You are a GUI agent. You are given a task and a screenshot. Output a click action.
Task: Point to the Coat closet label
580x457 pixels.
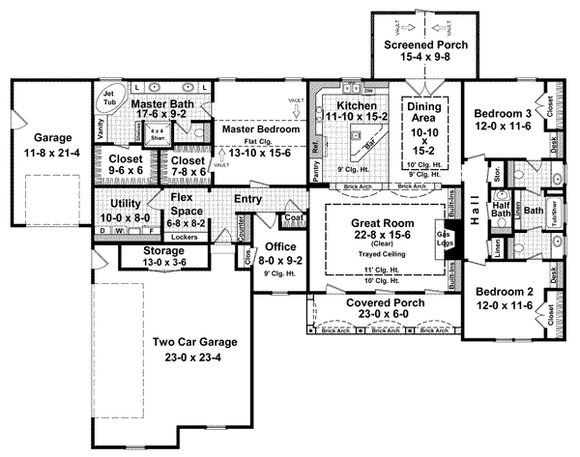point(295,218)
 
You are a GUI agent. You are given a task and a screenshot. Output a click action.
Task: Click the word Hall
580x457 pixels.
point(475,218)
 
